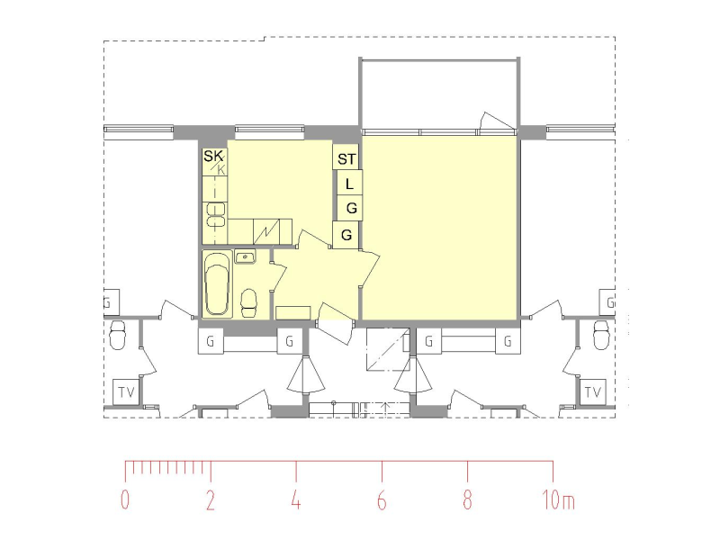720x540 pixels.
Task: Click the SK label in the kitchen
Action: click(x=213, y=156)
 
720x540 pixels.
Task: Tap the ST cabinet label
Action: click(x=346, y=159)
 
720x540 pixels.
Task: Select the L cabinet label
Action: click(x=349, y=184)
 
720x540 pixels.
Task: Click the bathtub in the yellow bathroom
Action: click(x=217, y=284)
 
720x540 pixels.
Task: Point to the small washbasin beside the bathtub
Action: click(x=246, y=256)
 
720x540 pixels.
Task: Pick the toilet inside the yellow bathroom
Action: click(x=249, y=302)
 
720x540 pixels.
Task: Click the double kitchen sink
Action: click(x=216, y=215)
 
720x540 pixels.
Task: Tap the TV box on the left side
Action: click(x=126, y=392)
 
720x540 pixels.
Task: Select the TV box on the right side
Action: click(x=593, y=392)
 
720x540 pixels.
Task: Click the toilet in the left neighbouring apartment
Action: click(x=118, y=335)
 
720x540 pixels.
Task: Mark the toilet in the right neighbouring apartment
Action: click(x=601, y=335)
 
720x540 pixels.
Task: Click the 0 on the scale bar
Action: click(x=125, y=499)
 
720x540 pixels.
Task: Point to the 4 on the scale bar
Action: click(x=296, y=499)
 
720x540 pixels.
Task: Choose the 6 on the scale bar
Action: click(x=382, y=499)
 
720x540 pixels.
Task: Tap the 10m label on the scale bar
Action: click(x=558, y=499)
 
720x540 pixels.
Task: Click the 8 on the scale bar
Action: click(x=467, y=499)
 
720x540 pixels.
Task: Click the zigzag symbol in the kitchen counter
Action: click(x=266, y=232)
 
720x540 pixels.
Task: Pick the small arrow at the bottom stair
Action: click(x=386, y=407)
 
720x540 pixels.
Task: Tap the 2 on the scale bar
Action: click(x=211, y=499)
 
